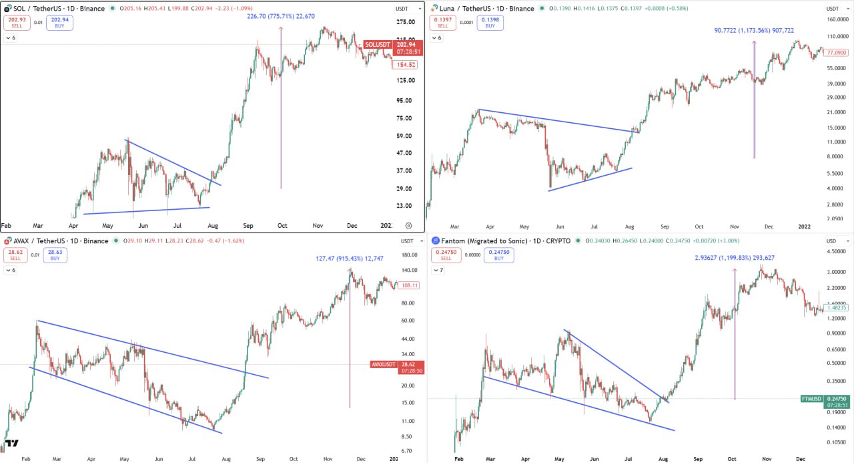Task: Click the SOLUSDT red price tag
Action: click(x=378, y=45)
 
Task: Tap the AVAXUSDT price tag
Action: click(x=383, y=364)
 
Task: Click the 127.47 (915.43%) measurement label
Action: click(x=350, y=259)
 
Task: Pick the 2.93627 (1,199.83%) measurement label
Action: click(x=735, y=258)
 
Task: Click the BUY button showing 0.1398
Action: click(x=490, y=22)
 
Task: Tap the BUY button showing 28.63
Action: click(x=56, y=255)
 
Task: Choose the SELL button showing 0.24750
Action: click(x=443, y=255)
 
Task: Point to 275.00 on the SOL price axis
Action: click(x=406, y=22)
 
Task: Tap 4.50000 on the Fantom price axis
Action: click(x=835, y=252)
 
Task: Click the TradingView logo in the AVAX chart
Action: click(x=11, y=443)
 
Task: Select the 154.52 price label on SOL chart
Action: click(x=404, y=65)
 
